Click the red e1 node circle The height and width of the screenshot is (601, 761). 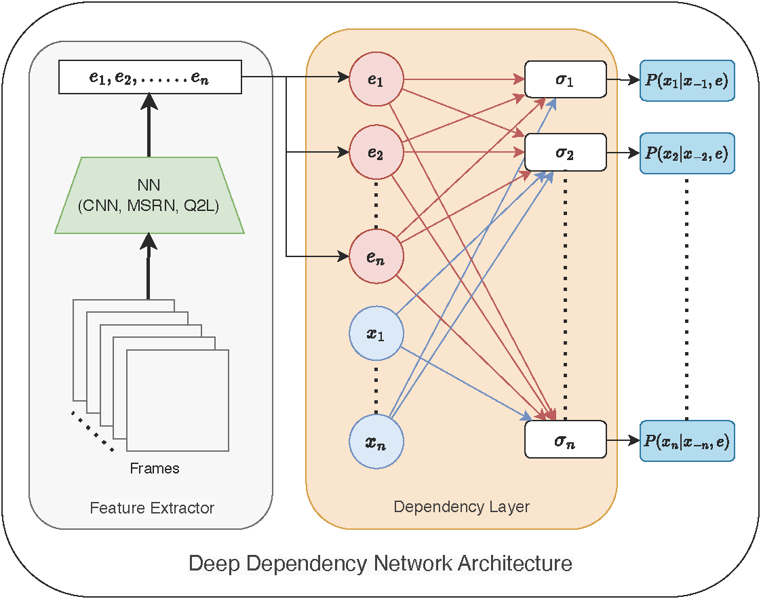[x=376, y=79]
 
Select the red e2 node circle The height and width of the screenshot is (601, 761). [x=376, y=153]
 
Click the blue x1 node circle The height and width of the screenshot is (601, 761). [x=376, y=334]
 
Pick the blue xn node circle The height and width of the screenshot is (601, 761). [x=376, y=443]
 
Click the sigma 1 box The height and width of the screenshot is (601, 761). [x=565, y=79]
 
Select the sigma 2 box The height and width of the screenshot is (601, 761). [x=565, y=152]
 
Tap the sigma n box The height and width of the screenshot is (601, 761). [x=565, y=439]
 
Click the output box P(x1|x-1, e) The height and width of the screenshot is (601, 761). [x=687, y=80]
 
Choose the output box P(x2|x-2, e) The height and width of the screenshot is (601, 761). [x=687, y=153]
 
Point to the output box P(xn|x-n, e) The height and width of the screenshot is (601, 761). [x=687, y=441]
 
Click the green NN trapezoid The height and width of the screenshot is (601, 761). [x=149, y=196]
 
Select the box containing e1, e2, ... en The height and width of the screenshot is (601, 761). [x=150, y=77]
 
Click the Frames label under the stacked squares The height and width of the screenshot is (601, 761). [x=155, y=468]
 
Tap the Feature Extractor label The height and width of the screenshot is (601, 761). [x=152, y=508]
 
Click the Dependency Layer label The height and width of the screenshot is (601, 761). [x=461, y=507]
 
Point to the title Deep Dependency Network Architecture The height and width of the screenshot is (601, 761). [x=380, y=564]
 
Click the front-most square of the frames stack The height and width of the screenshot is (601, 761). [x=178, y=400]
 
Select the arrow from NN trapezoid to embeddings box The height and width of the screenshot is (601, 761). [x=149, y=125]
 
